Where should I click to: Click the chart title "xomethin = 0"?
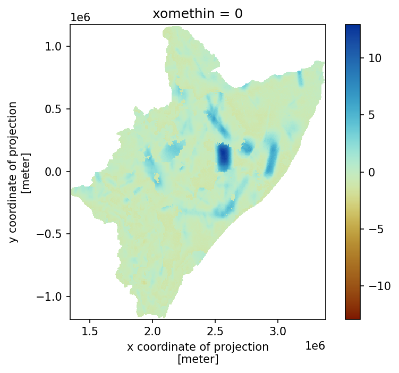(198, 13)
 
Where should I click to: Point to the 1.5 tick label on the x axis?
(90, 332)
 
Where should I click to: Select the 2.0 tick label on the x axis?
(152, 332)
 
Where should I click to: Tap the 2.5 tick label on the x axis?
(215, 332)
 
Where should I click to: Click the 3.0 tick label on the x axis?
(278, 332)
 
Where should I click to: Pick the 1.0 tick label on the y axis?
(54, 47)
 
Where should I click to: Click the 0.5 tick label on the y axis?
(54, 109)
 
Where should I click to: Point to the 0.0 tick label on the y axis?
(54, 172)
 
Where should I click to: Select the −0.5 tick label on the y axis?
(49, 234)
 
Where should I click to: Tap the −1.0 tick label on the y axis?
(49, 296)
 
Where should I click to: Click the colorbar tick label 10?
(375, 58)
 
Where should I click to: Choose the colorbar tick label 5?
(371, 115)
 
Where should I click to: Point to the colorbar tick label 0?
(371, 172)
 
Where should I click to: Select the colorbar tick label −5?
(376, 230)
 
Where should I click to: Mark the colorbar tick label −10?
(379, 286)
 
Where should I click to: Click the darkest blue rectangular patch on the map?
(224, 157)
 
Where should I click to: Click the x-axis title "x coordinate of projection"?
(198, 347)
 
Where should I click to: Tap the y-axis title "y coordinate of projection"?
(13, 172)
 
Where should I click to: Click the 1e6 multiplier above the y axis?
(80, 18)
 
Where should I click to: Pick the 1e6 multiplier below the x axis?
(315, 346)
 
